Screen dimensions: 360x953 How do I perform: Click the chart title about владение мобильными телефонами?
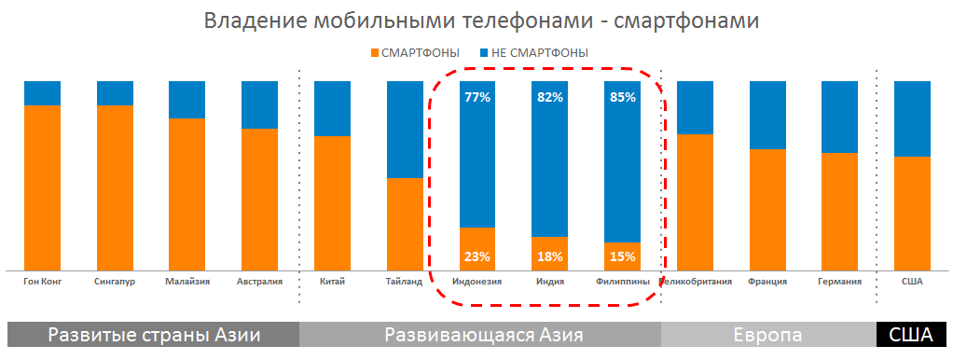pyautogui.click(x=476, y=21)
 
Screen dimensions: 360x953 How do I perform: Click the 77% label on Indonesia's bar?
pyautogui.click(x=476, y=97)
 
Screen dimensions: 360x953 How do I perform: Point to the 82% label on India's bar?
pyautogui.click(x=550, y=97)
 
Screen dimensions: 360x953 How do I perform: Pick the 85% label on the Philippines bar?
pyautogui.click(x=622, y=97)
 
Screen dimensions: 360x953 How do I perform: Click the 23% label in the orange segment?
pyautogui.click(x=476, y=256)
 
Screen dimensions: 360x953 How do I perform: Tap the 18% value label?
pyautogui.click(x=550, y=256)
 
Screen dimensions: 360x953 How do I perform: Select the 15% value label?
pyautogui.click(x=622, y=256)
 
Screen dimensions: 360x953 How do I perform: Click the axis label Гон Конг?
pyautogui.click(x=41, y=281)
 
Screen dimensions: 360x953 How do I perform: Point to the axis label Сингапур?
pyautogui.click(x=115, y=281)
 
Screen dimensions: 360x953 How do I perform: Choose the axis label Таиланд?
pyautogui.click(x=404, y=281)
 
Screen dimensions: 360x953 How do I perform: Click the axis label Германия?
pyautogui.click(x=838, y=281)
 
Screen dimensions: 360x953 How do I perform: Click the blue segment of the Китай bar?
pyautogui.click(x=332, y=108)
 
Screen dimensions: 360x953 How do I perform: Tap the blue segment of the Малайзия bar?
pyautogui.click(x=186, y=99)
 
